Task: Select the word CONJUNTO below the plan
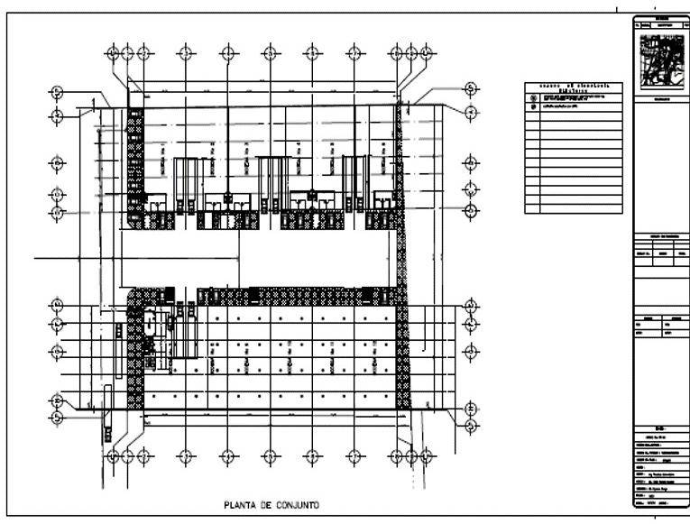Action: [x=296, y=505]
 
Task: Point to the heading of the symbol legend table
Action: [x=573, y=88]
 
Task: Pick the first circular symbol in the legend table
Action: [x=533, y=97]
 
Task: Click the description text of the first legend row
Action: [x=577, y=97]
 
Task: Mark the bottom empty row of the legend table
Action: [x=573, y=208]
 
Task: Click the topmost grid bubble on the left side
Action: [x=57, y=92]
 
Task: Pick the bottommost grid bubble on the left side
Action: [x=57, y=418]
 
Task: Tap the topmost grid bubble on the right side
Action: [x=471, y=88]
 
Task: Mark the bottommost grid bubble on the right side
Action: [x=471, y=422]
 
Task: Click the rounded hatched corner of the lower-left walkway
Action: [x=136, y=299]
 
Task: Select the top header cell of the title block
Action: [x=662, y=18]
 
